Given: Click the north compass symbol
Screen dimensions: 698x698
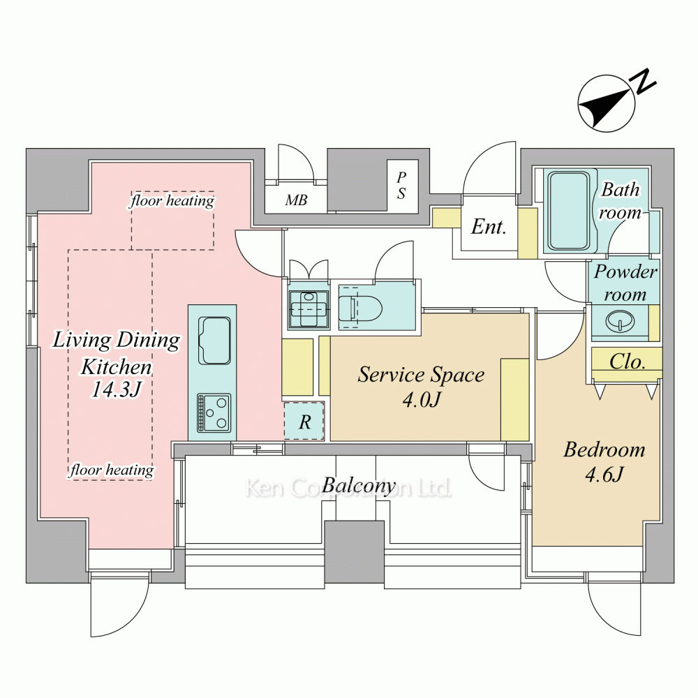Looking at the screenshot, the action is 607,103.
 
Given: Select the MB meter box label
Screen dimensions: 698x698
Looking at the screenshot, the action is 296,200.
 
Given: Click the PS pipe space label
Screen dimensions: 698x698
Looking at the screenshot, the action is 401,185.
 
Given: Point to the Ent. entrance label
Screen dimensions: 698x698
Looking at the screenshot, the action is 489,227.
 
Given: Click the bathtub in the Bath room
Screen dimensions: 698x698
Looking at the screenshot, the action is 569,211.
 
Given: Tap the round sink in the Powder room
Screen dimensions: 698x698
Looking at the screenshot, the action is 621,321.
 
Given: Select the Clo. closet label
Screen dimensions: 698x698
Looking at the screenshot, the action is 628,362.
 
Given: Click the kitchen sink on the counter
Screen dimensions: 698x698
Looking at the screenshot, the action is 214,341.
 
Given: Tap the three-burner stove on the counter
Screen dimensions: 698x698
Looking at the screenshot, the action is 214,413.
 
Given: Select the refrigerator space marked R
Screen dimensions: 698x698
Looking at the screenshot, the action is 304,421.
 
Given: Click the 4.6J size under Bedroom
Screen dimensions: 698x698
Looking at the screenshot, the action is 604,474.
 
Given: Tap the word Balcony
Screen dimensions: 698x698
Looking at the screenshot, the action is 359,485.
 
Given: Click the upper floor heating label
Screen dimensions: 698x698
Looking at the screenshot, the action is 172,201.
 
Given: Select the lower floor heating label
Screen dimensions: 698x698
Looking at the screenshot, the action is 111,470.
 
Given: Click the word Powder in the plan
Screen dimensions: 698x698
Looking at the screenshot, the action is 625,272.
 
